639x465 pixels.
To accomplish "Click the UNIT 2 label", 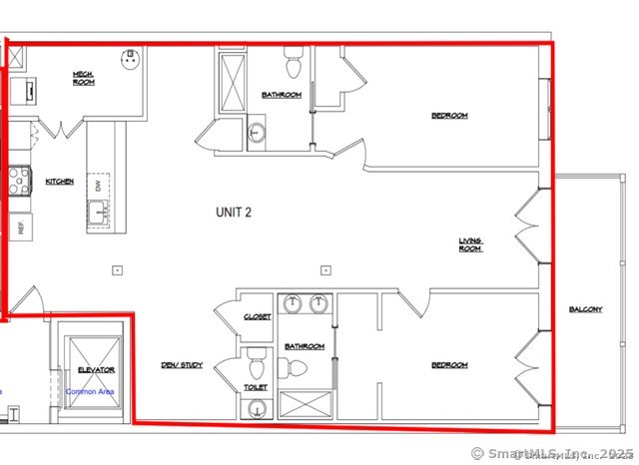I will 234,212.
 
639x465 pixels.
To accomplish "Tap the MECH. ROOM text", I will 84,78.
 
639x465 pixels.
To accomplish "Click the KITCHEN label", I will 60,182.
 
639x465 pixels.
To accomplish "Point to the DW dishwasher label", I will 98,185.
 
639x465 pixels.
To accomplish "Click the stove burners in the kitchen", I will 20,180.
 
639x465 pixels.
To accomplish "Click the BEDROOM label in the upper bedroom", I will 449,116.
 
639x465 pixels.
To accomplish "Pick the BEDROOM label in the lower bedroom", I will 449,365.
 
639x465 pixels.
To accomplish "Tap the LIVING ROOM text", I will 471,244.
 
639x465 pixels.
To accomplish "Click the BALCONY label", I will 586,309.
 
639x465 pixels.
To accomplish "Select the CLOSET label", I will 257,317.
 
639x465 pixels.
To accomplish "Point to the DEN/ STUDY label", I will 182,365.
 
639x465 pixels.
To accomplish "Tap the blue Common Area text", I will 90,391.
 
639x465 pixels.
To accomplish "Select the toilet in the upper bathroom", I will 293,65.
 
